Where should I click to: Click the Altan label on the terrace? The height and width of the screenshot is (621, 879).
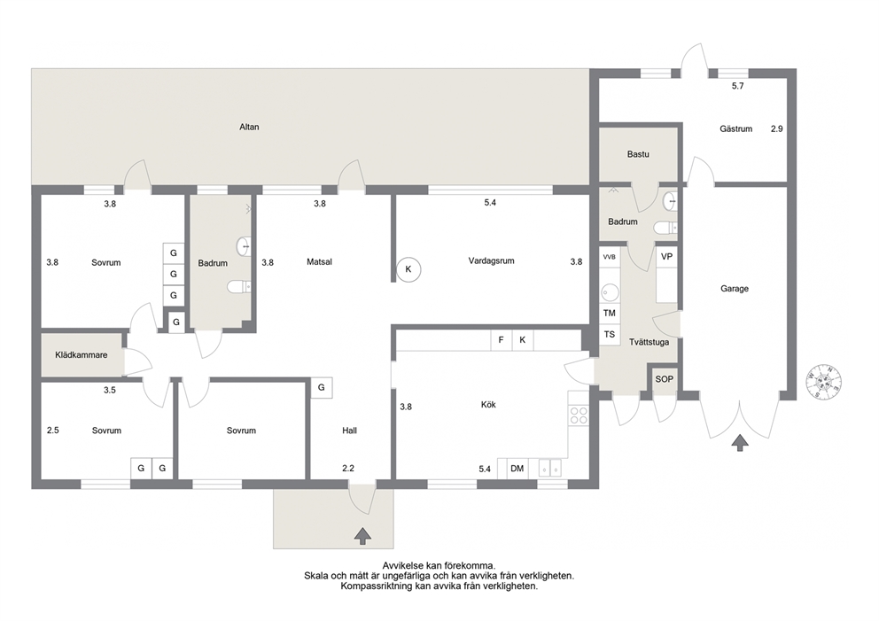click(x=250, y=128)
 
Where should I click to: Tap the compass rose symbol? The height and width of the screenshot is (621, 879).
click(x=823, y=382)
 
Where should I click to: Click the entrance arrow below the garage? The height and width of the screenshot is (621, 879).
click(x=741, y=443)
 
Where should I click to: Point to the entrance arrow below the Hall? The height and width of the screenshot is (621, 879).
click(x=362, y=536)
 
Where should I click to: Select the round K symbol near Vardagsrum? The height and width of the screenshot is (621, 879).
click(x=408, y=269)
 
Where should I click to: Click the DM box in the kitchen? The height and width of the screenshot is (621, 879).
click(x=517, y=468)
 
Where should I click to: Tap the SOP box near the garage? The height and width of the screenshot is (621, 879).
click(x=665, y=379)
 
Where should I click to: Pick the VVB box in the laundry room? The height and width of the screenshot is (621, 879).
click(x=610, y=257)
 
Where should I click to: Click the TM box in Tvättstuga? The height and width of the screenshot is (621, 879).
click(x=610, y=314)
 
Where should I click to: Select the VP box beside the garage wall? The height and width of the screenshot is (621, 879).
click(x=666, y=257)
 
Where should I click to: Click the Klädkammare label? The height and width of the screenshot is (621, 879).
click(x=82, y=354)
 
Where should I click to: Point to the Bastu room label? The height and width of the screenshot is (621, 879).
click(x=638, y=154)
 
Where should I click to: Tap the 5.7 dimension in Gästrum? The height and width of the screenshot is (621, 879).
click(x=738, y=86)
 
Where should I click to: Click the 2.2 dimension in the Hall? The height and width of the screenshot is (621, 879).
click(x=348, y=469)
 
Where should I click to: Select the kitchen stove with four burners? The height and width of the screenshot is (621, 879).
click(x=579, y=415)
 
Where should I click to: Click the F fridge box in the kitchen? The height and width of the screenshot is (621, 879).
click(x=502, y=340)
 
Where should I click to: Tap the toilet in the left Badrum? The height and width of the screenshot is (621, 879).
click(x=239, y=287)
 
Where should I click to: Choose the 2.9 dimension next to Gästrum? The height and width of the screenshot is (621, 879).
click(x=776, y=129)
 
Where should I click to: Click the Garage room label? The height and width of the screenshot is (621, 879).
click(x=735, y=289)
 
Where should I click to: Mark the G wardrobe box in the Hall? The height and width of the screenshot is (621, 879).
click(x=322, y=387)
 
